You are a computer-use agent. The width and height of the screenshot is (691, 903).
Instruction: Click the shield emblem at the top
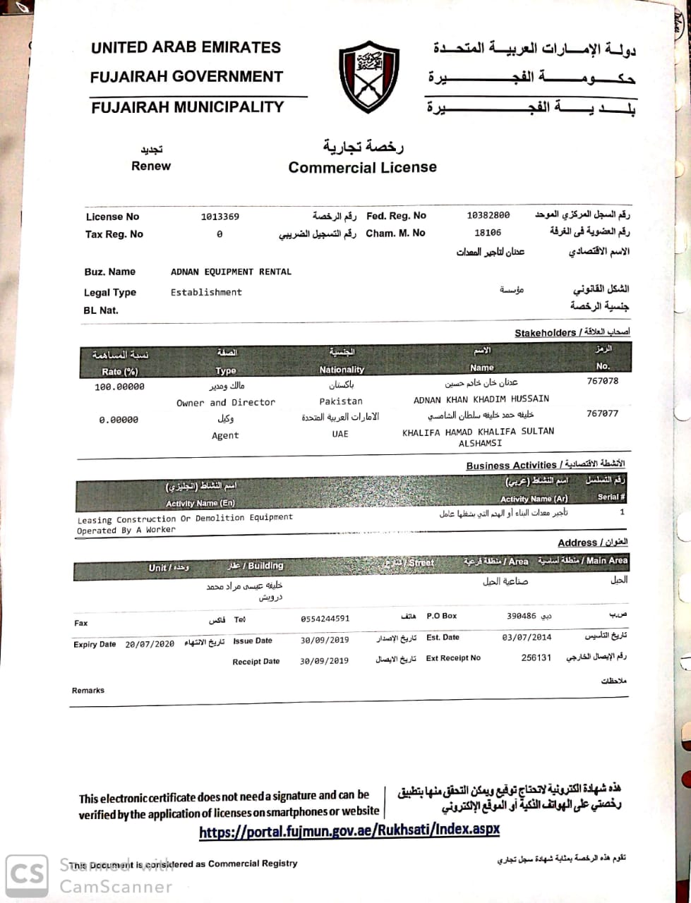click(x=368, y=75)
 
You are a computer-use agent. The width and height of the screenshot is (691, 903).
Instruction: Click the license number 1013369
click(x=220, y=217)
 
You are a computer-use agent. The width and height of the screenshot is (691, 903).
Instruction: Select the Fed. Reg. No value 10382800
click(x=488, y=215)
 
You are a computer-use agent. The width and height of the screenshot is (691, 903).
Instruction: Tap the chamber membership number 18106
click(x=488, y=232)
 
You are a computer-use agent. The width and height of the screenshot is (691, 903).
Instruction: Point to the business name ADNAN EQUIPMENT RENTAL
click(x=231, y=272)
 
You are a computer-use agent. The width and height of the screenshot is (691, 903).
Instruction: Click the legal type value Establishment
click(x=206, y=292)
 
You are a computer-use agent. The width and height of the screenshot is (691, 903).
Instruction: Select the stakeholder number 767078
click(x=602, y=381)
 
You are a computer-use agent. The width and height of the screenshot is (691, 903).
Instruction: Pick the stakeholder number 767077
click(x=602, y=414)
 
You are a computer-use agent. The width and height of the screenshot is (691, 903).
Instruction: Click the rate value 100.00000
click(x=119, y=387)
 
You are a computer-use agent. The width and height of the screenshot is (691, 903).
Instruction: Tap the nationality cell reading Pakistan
click(x=341, y=401)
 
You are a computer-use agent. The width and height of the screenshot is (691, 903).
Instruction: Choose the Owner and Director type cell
click(x=226, y=402)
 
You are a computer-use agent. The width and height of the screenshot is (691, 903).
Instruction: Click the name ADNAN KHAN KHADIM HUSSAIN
click(x=481, y=399)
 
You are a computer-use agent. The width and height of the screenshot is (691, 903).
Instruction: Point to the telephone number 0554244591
click(x=325, y=619)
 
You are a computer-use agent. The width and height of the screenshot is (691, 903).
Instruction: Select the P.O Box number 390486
click(x=521, y=616)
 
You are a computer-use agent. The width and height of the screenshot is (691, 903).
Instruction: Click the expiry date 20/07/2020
click(x=150, y=644)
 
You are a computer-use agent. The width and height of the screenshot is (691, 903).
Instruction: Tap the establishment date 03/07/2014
click(x=527, y=637)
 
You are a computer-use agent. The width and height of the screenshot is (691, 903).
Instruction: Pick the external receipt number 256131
click(x=536, y=657)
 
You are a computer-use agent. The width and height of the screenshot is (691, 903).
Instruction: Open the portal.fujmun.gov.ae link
click(x=349, y=830)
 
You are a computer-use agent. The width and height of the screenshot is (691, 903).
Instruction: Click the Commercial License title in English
click(x=362, y=167)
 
